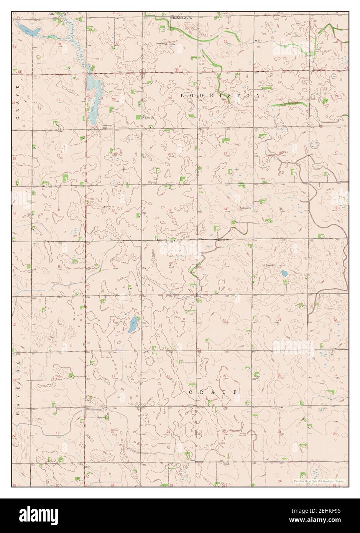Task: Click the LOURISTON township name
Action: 220,94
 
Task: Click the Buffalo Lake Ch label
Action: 182,18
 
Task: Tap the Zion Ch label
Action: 149,117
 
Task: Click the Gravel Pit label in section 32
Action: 110,207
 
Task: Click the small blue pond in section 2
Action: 284,273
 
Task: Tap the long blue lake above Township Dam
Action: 93,98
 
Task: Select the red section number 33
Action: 169,210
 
